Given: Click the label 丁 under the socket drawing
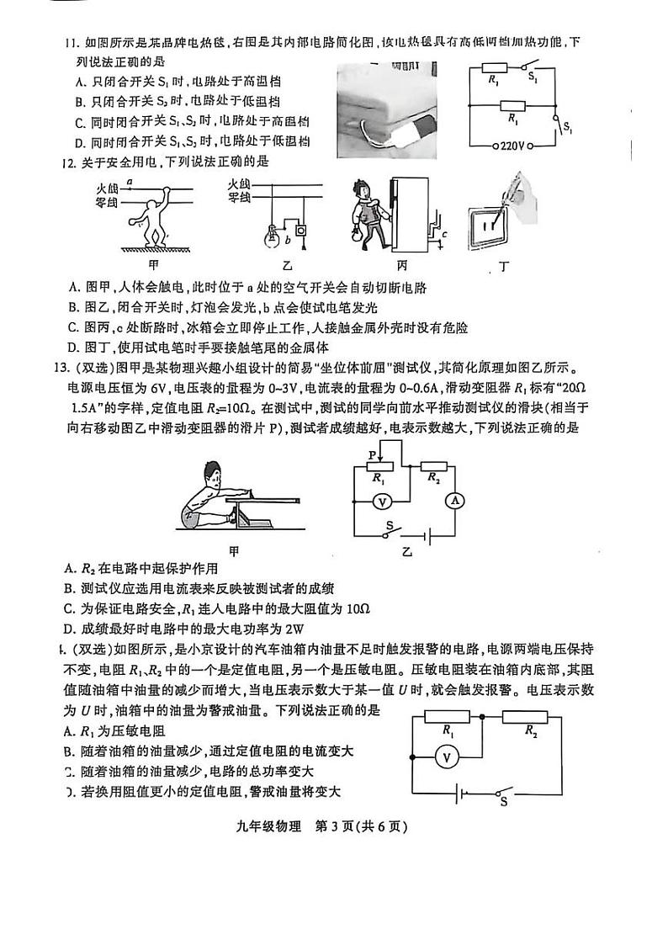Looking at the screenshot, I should pos(503,268).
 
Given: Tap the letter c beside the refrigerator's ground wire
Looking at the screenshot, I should pos(444,233).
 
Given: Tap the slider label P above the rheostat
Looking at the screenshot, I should pos(371,454).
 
